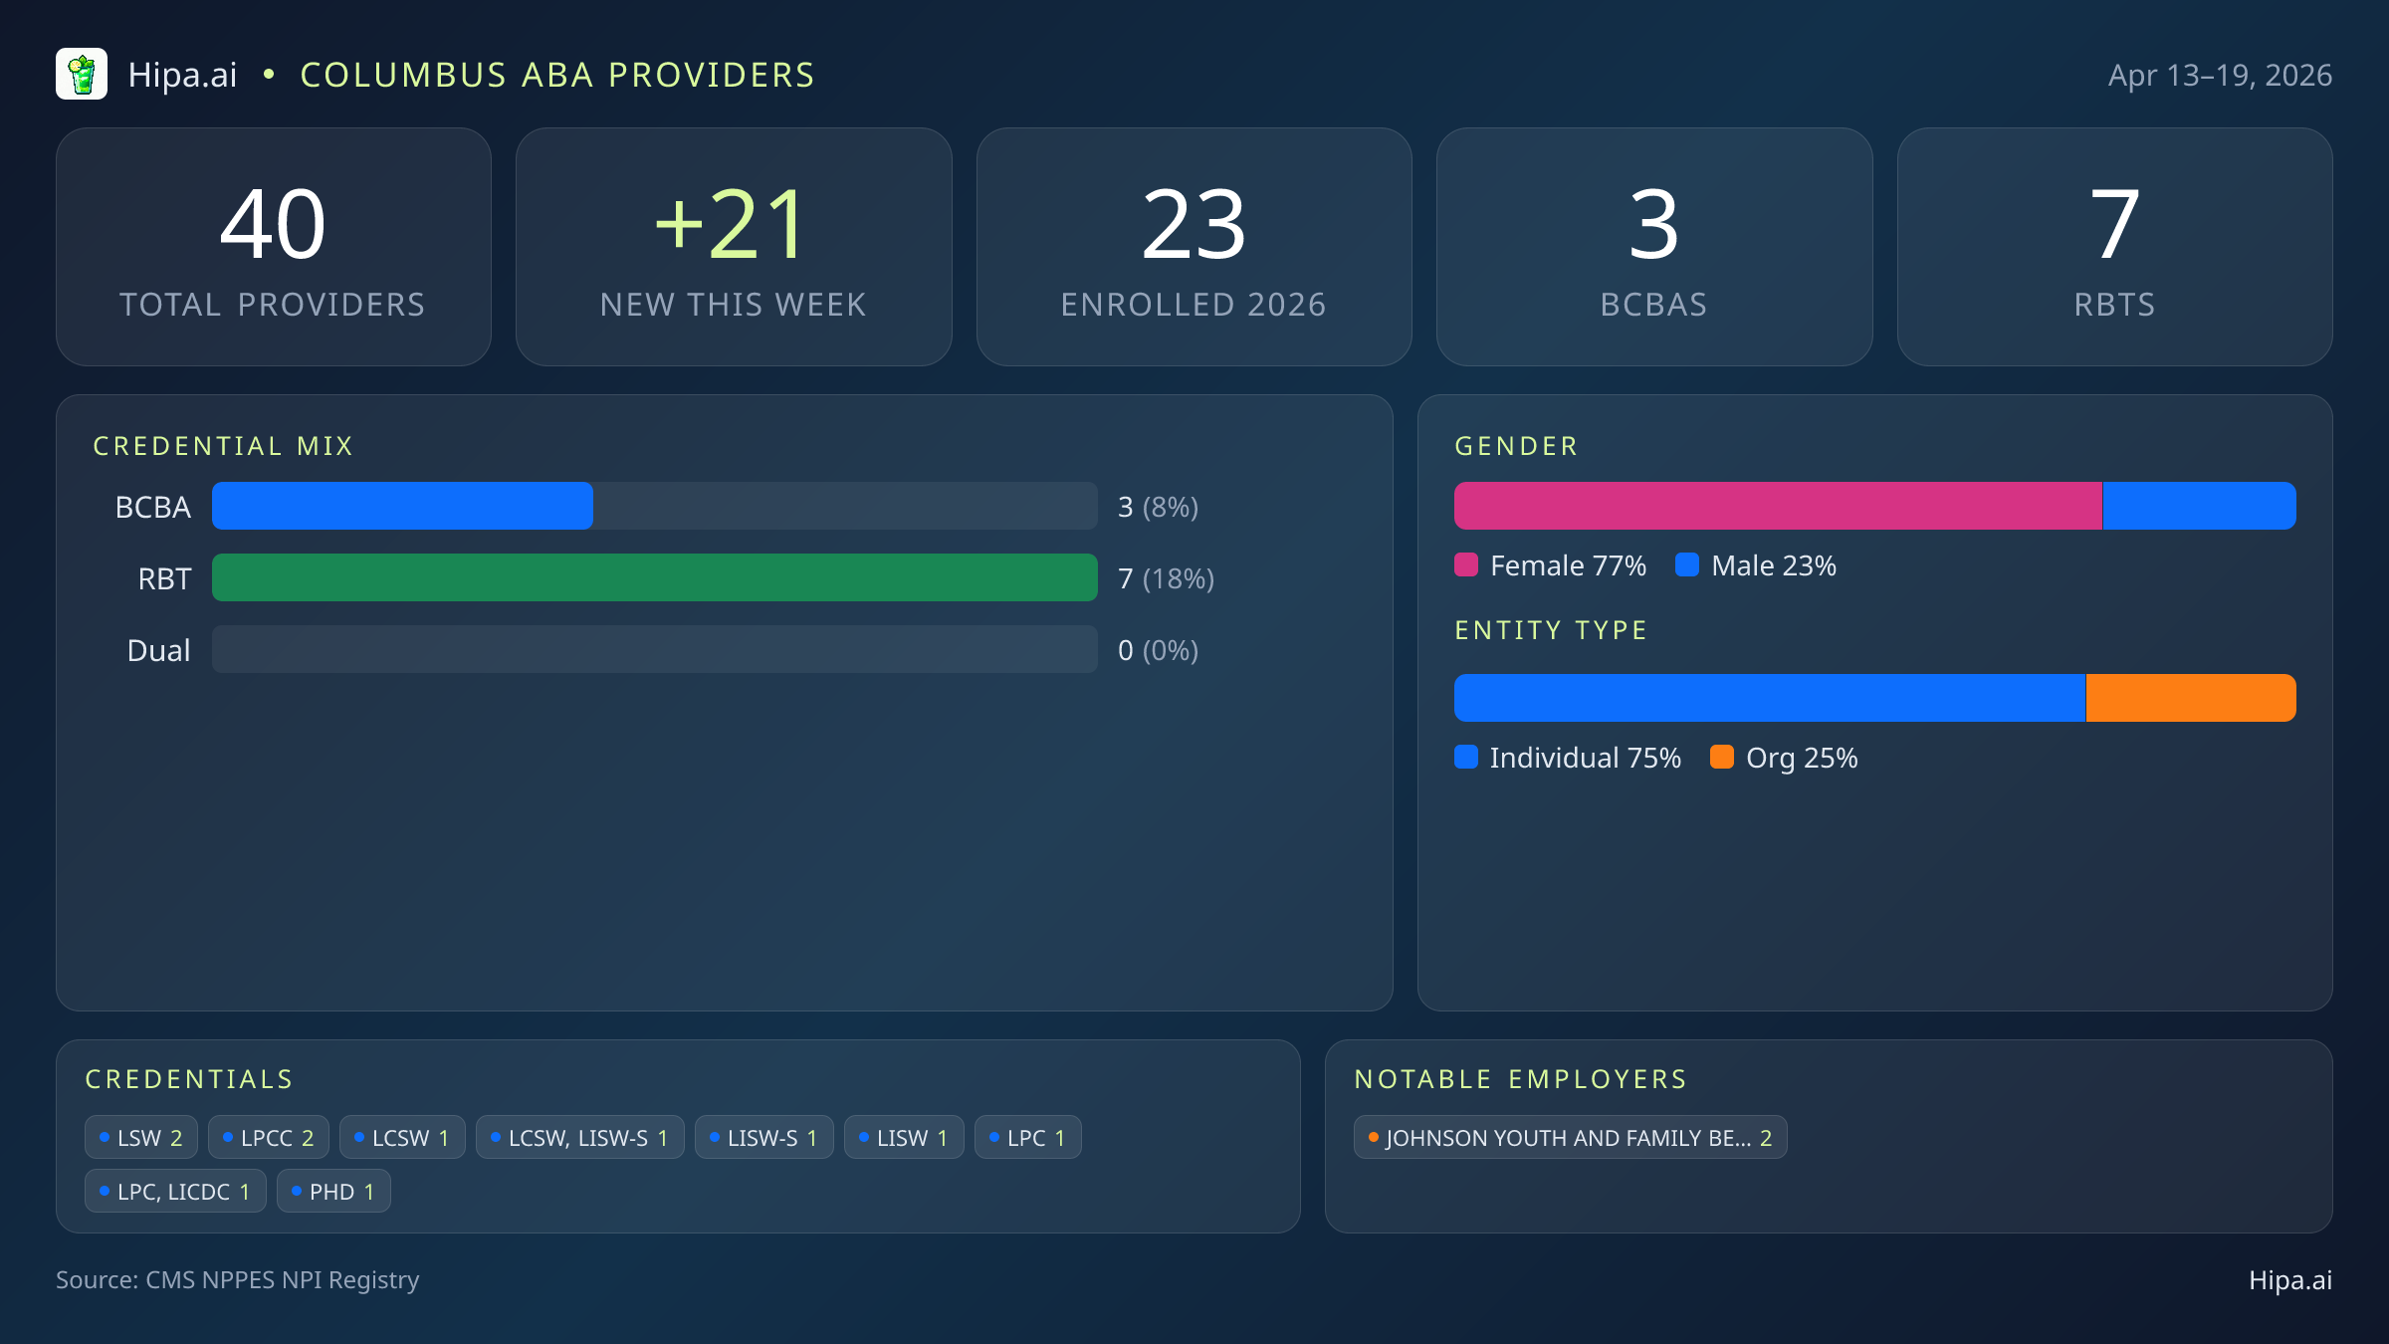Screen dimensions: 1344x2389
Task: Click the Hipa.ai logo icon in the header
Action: point(82,75)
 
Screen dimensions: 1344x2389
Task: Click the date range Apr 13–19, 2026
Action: point(2219,76)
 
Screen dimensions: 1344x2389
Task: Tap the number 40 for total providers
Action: point(273,225)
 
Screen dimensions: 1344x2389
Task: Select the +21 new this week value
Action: point(733,225)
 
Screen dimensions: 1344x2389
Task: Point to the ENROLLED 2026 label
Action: point(1193,305)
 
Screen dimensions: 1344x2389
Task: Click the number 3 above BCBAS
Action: point(1653,225)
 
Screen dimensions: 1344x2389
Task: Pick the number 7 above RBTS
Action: point(2114,225)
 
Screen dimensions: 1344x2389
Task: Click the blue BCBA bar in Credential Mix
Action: point(402,506)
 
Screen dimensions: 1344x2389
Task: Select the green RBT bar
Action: point(654,577)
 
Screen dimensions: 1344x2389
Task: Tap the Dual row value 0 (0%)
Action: point(1158,651)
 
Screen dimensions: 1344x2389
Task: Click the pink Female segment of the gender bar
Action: point(1778,506)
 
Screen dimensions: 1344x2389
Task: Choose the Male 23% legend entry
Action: point(1757,565)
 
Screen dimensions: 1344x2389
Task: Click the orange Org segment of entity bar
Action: point(2190,698)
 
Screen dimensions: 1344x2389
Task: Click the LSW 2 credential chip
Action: point(141,1138)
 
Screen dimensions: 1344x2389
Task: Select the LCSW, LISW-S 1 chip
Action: point(579,1138)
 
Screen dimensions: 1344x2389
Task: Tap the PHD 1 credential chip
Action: point(333,1192)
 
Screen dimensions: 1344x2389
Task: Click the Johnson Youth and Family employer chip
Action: point(1570,1138)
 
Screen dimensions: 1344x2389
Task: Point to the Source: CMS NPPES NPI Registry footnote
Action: point(237,1280)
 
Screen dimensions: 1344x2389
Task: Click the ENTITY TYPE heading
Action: point(1551,630)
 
